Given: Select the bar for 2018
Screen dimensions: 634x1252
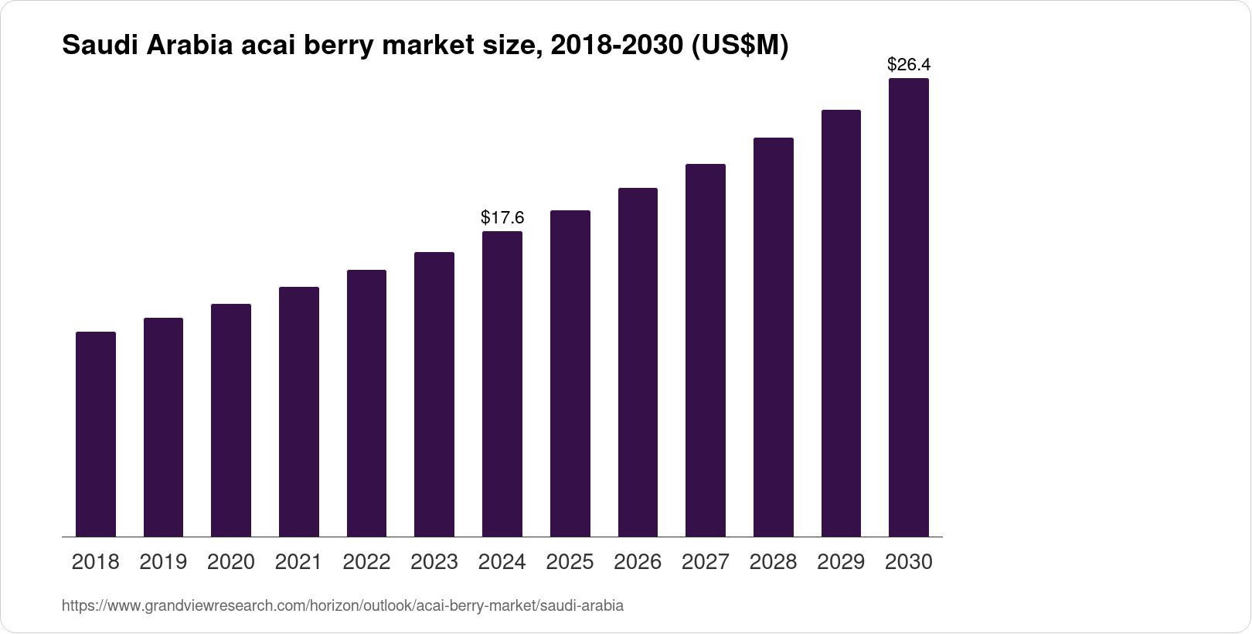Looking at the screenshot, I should (x=96, y=434).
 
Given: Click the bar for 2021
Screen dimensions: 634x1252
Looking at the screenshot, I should (x=299, y=411).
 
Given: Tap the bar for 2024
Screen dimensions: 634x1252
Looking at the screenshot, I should (x=502, y=383).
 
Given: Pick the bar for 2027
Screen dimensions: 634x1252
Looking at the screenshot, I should (x=706, y=349).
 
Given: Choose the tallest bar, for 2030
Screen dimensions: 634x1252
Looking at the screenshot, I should (x=909, y=307).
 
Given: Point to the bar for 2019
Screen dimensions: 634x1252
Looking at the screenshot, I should (x=163, y=427).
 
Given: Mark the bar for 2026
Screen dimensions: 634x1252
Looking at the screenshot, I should (x=638, y=362).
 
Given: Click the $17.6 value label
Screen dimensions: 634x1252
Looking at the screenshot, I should (x=502, y=217).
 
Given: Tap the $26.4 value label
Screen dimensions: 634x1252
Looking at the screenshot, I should (x=909, y=64).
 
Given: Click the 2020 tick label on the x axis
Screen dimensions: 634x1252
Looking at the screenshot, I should (x=231, y=562).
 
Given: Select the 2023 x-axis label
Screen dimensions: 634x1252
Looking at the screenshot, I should (x=434, y=562).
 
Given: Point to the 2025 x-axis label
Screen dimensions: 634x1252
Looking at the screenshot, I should (x=570, y=562).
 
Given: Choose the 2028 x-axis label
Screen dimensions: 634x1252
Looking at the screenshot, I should (x=773, y=562).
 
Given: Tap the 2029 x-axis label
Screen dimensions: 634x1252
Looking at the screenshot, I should (x=841, y=562).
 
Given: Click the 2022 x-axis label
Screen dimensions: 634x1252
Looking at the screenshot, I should (x=366, y=562).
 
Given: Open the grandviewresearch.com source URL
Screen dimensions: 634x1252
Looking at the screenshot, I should (x=342, y=605).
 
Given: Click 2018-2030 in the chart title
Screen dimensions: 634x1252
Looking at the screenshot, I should (x=612, y=46).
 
